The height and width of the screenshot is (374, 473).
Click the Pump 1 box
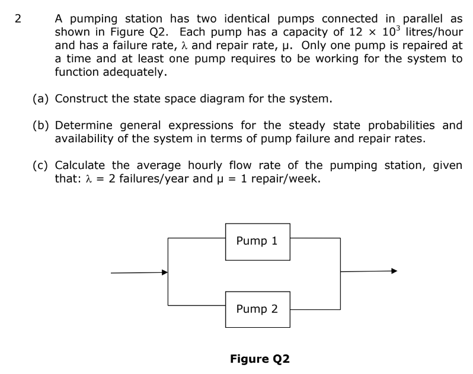[x=257, y=241]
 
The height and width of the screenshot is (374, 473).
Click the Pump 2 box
[x=257, y=309]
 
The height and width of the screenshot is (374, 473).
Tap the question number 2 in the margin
[x=18, y=18]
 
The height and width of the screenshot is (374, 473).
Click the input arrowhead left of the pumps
[x=165, y=273]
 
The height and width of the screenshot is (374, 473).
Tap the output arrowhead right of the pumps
[x=392, y=271]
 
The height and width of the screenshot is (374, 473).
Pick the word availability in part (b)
[x=85, y=138]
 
